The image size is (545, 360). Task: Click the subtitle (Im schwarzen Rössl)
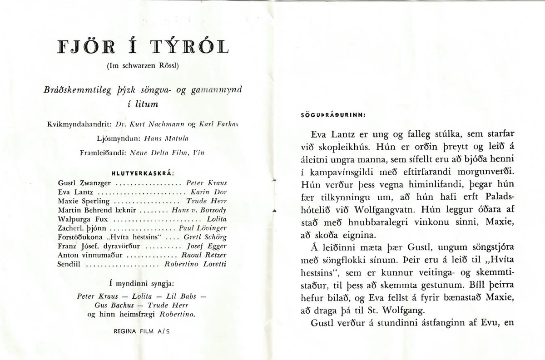[x=143, y=65]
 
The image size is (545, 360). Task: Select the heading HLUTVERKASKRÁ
[x=143, y=173]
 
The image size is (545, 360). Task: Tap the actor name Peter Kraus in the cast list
[x=207, y=183]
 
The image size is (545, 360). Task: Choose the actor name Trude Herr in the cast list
[x=207, y=201]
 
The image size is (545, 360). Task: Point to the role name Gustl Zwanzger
[x=84, y=183]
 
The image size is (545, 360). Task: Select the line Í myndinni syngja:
[x=143, y=284]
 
